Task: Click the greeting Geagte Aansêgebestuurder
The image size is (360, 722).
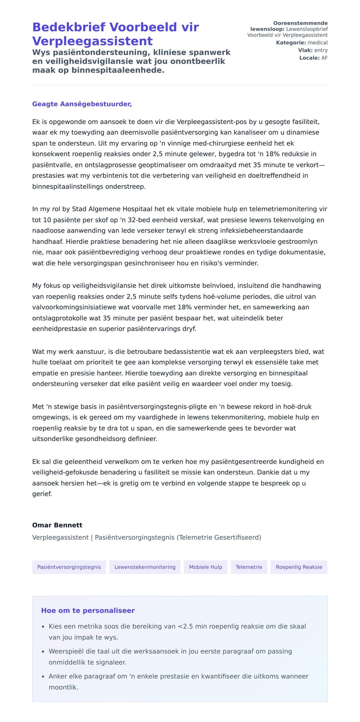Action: click(x=82, y=104)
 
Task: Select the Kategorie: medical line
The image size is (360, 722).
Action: click(x=301, y=43)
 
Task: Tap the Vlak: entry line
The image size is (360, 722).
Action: click(x=313, y=50)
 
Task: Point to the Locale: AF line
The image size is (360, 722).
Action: click(x=313, y=58)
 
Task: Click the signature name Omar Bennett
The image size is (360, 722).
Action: click(x=57, y=525)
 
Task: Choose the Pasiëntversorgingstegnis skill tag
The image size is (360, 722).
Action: click(x=69, y=567)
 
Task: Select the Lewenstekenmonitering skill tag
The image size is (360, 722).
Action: click(x=145, y=567)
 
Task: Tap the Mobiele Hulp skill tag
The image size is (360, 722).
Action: click(x=205, y=567)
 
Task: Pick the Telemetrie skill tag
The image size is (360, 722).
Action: click(x=249, y=567)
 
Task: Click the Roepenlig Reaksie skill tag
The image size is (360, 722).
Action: click(x=299, y=567)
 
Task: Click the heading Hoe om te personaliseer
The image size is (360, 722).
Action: click(x=88, y=610)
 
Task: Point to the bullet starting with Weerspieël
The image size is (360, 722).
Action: click(x=170, y=651)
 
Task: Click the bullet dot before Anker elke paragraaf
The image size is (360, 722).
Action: click(x=43, y=677)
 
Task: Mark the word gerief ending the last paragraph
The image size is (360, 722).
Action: click(x=42, y=494)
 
